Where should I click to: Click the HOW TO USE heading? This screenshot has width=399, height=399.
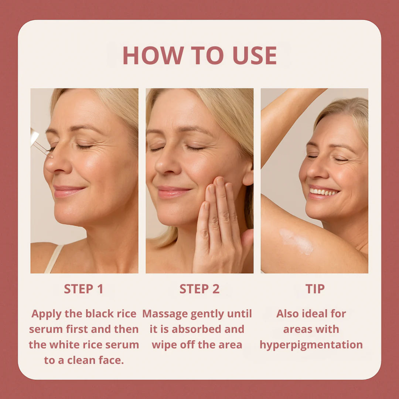(x=199, y=56)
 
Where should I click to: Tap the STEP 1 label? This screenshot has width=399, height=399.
(x=83, y=289)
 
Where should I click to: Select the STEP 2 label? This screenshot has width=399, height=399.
(x=199, y=289)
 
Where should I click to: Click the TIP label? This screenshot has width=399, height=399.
(x=315, y=289)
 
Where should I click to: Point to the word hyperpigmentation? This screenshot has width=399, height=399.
(x=311, y=345)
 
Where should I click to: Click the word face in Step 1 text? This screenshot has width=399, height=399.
(x=111, y=360)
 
